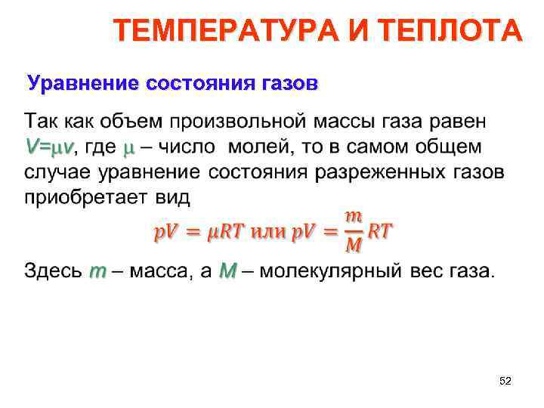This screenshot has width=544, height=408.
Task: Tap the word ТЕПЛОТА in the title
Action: tap(450, 32)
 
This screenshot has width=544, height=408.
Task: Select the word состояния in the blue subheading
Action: tap(199, 82)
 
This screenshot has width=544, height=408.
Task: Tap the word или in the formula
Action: tap(264, 231)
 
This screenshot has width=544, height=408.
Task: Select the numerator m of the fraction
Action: tap(353, 218)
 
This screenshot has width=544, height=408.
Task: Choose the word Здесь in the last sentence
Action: tap(52, 270)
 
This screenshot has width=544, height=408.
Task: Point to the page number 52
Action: tap(505, 382)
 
